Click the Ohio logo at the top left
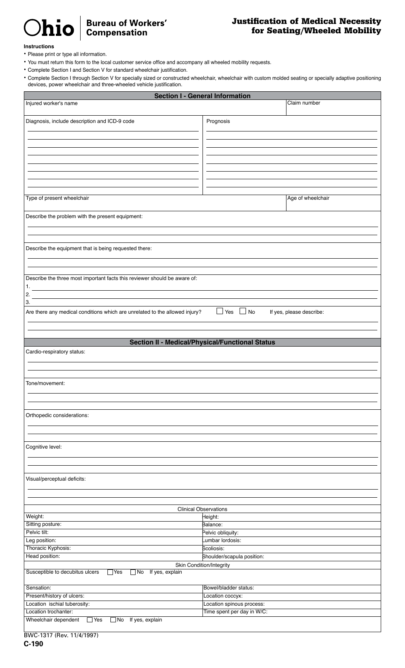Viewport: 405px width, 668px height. (x=49, y=28)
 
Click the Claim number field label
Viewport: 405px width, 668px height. (x=304, y=103)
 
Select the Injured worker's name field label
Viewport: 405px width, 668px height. (x=52, y=104)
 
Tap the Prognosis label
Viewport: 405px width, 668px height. (x=218, y=122)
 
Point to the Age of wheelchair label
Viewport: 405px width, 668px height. (x=308, y=198)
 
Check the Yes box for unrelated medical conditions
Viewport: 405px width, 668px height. (x=220, y=311)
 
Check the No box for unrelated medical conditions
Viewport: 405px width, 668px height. (x=243, y=311)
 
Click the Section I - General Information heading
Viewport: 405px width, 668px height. (x=202, y=96)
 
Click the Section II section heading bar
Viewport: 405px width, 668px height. (x=202, y=342)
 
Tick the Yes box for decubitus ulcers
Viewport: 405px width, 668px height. (x=110, y=572)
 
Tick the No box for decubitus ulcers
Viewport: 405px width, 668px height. (x=133, y=572)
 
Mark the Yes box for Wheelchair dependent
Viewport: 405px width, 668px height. (x=90, y=620)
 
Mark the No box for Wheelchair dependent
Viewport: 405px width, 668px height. (x=113, y=620)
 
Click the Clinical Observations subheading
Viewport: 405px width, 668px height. (x=202, y=509)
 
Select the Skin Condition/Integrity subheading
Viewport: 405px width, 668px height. (x=202, y=565)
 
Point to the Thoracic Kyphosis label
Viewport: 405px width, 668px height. (x=48, y=548)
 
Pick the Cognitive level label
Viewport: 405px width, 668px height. (x=43, y=447)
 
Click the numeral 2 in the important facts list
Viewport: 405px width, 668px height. (x=28, y=295)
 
